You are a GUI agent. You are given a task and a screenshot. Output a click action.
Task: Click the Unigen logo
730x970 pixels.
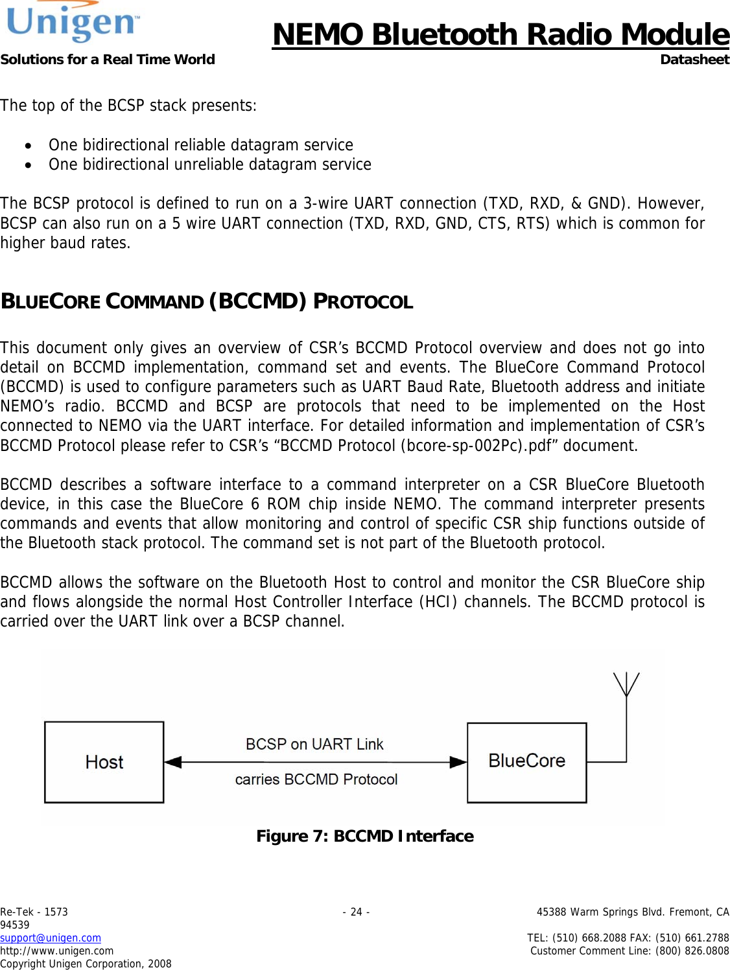(72, 23)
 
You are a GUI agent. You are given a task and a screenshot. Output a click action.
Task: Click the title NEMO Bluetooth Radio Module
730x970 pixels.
(500, 34)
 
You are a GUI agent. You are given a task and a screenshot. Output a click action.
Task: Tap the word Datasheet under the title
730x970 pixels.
(694, 60)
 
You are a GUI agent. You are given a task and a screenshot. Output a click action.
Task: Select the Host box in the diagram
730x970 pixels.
(104, 762)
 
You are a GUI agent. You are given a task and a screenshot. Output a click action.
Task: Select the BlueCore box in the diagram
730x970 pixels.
(526, 761)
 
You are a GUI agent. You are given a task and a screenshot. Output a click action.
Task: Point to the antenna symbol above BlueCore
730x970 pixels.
(626, 685)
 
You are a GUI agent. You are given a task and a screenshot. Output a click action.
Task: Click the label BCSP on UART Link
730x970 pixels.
(314, 744)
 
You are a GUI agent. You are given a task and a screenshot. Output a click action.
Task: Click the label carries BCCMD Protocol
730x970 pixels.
(316, 779)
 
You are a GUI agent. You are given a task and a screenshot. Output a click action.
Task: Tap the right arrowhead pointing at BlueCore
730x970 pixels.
(458, 762)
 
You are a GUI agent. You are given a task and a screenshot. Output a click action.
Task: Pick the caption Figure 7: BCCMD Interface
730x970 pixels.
(365, 836)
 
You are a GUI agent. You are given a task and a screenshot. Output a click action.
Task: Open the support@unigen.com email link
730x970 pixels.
(51, 938)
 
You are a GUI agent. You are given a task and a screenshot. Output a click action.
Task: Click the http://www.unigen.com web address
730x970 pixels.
(57, 951)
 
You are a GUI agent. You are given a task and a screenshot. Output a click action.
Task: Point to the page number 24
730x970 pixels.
(356, 912)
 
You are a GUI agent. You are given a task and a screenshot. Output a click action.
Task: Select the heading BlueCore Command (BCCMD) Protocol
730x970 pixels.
(207, 301)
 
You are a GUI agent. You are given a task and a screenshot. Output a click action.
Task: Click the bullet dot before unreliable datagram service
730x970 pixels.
(28, 165)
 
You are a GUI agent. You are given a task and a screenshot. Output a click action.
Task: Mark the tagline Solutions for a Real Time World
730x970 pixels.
(108, 60)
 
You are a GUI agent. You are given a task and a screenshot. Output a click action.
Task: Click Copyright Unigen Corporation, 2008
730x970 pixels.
(86, 964)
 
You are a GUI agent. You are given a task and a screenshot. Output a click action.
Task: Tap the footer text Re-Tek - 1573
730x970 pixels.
(34, 912)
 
